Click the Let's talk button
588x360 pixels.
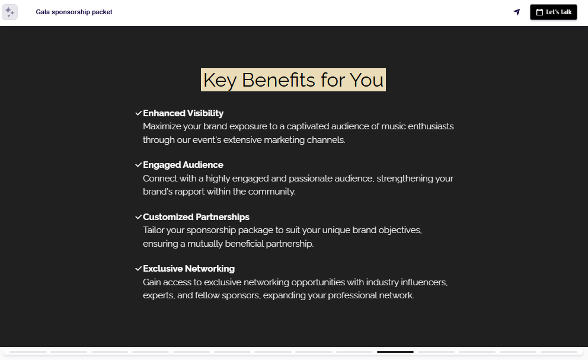pyautogui.click(x=553, y=12)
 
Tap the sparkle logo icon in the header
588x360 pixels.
pyautogui.click(x=9, y=12)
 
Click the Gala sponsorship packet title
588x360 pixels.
pyautogui.click(x=74, y=12)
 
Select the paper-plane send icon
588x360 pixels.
pyautogui.click(x=517, y=12)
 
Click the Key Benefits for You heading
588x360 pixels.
pyautogui.click(x=293, y=79)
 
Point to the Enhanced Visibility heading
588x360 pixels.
pyautogui.click(x=183, y=113)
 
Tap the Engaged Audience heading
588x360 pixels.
pyautogui.click(x=183, y=165)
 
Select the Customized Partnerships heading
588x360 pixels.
pyautogui.click(x=196, y=217)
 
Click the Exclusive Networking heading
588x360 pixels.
pyautogui.click(x=188, y=269)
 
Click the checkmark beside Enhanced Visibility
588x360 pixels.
pyautogui.click(x=138, y=113)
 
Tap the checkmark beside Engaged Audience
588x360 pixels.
pyautogui.click(x=138, y=164)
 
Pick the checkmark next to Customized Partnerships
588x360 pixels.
pyautogui.click(x=138, y=216)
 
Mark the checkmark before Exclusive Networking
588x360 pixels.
pyautogui.click(x=138, y=268)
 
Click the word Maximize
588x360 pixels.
pyautogui.click(x=162, y=126)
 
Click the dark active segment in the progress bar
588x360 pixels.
pyautogui.click(x=395, y=352)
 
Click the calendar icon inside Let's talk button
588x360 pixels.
pyautogui.click(x=539, y=12)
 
